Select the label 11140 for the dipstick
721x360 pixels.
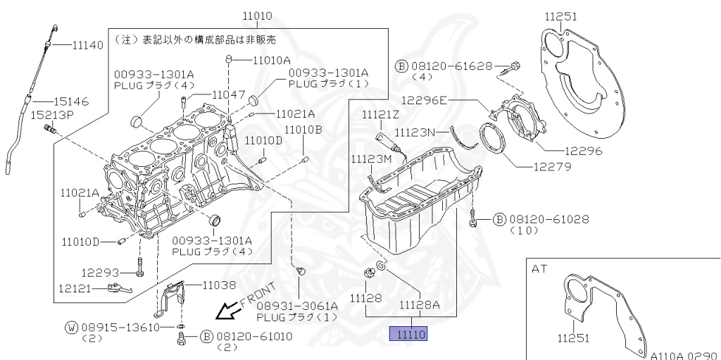pyautogui.click(x=88, y=45)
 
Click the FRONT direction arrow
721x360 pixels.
pyautogui.click(x=227, y=311)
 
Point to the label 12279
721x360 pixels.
pyautogui.click(x=552, y=167)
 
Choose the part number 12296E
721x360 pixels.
pyautogui.click(x=425, y=101)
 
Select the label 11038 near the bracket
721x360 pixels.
pyautogui.click(x=220, y=285)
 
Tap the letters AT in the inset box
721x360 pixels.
pyautogui.click(x=539, y=269)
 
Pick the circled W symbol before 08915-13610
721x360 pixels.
pyautogui.click(x=71, y=328)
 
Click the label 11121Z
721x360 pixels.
pyautogui.click(x=381, y=114)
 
